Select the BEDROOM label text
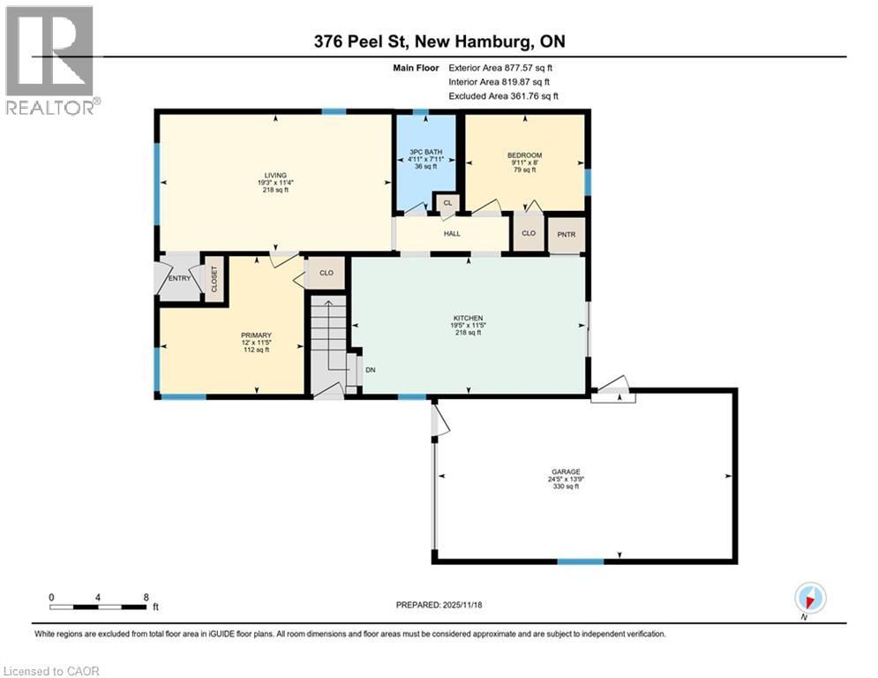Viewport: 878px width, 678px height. click(x=524, y=155)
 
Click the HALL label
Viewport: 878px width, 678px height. click(x=452, y=234)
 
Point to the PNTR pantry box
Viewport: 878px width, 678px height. click(x=565, y=235)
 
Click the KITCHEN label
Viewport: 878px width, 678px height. click(x=468, y=318)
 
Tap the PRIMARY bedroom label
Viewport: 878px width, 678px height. click(x=256, y=335)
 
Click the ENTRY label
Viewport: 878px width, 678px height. click(x=180, y=278)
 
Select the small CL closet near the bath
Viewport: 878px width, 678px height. click(x=447, y=204)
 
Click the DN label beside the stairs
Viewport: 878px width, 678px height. click(x=371, y=369)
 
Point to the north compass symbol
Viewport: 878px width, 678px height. click(x=809, y=598)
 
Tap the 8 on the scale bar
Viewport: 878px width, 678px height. click(x=145, y=598)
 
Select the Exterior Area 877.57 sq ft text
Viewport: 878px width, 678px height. click(x=501, y=67)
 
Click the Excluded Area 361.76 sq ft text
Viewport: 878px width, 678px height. click(x=503, y=96)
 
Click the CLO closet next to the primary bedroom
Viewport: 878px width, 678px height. click(x=326, y=273)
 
